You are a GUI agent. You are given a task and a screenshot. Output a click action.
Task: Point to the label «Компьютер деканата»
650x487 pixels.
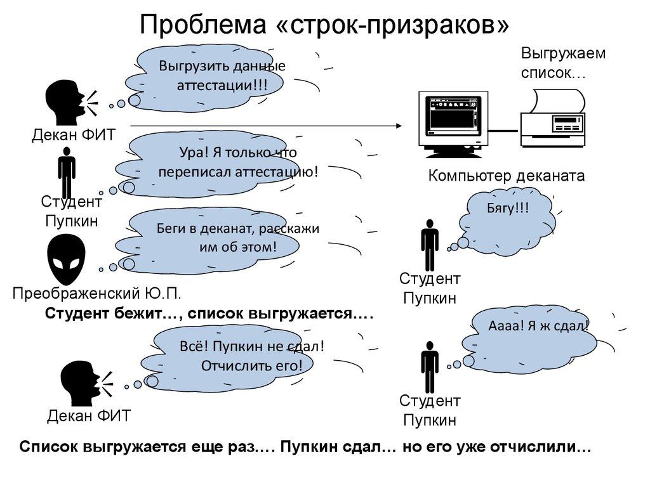coord(506,176)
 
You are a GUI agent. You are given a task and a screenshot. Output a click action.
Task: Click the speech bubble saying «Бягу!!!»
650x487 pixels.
coord(511,219)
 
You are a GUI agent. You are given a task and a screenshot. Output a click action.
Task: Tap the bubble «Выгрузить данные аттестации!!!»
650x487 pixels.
coord(213,75)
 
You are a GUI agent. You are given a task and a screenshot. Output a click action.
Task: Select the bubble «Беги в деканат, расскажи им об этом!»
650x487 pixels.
coord(237,238)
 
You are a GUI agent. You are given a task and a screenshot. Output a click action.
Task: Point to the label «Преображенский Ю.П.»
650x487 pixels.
coord(98,293)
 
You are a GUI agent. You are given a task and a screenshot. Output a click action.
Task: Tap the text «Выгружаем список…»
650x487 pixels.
coord(563,63)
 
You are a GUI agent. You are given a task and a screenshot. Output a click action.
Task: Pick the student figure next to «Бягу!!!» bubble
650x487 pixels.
coord(430,245)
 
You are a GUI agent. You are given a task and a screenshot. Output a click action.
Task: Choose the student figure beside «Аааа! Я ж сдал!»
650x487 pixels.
coord(430,367)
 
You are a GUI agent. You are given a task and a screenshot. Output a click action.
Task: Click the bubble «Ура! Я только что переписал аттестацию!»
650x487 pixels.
coord(237,162)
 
